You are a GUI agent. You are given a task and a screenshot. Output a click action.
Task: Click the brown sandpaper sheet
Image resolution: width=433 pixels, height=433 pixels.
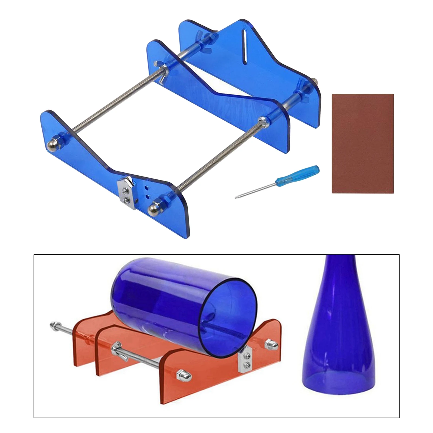363,143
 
